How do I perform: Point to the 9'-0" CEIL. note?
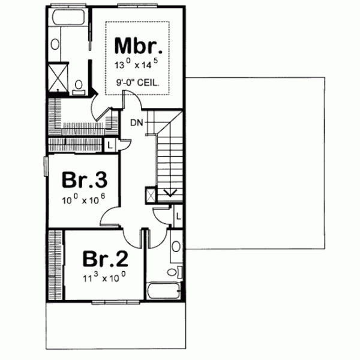point(137,84)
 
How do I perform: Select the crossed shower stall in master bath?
point(58,76)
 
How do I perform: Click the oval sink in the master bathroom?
point(55,44)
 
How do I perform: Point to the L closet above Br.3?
point(111,144)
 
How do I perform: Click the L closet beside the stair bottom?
point(178,214)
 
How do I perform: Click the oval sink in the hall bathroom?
point(175,246)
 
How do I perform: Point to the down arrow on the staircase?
point(169,193)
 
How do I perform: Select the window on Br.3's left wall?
point(46,166)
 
